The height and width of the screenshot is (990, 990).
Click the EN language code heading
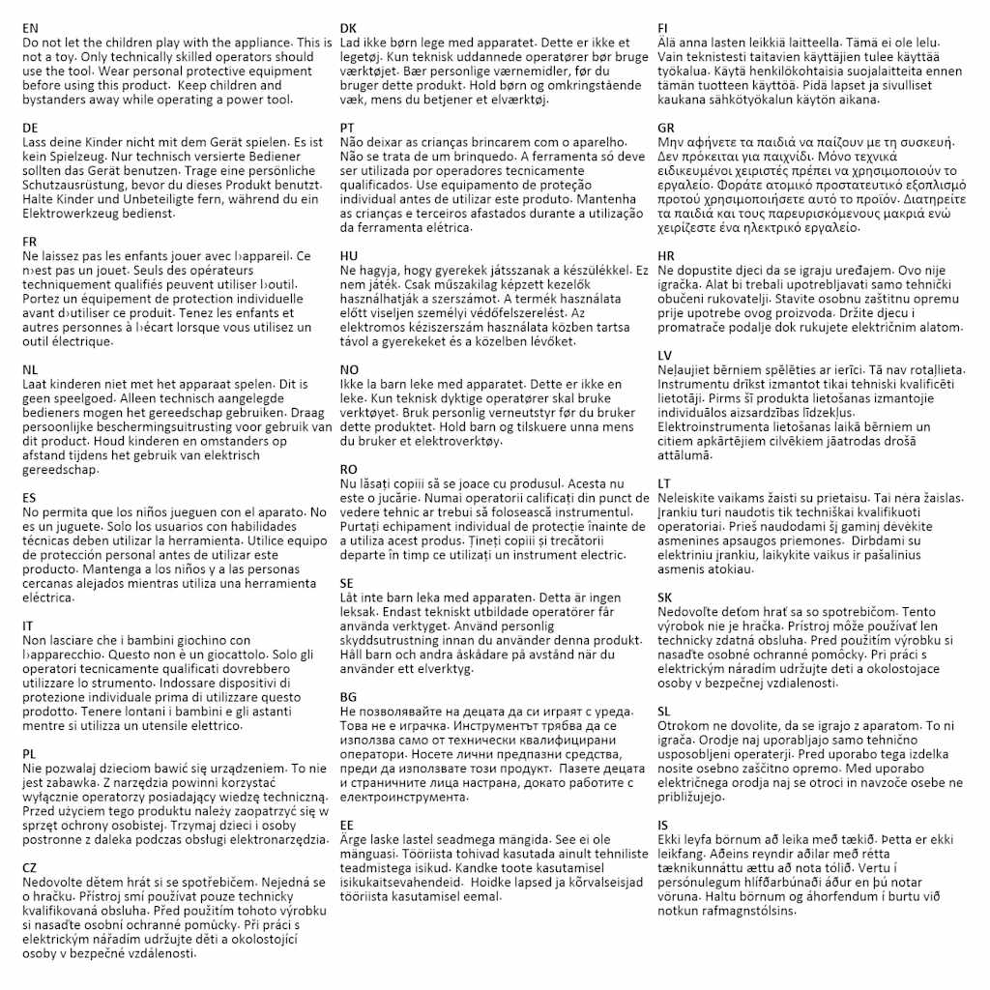point(31,29)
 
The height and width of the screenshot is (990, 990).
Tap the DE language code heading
point(31,128)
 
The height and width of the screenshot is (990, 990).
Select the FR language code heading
point(31,242)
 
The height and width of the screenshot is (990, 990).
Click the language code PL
point(30,753)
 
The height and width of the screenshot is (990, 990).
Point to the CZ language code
point(31,867)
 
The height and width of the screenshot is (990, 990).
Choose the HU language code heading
point(349,255)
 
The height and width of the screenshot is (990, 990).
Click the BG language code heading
point(349,697)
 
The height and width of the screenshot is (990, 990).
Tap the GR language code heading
point(667,128)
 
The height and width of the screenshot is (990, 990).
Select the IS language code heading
point(663,825)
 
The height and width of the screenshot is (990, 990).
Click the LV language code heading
point(666,355)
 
